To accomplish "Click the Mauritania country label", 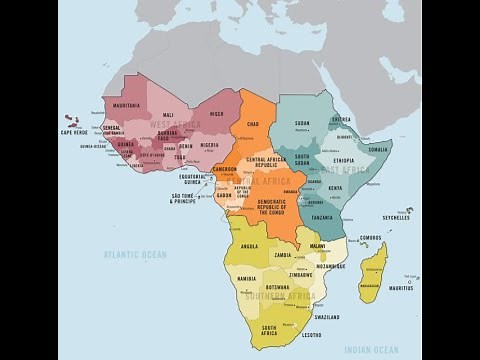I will pos(127,105).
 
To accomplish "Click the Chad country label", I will pos(253,125).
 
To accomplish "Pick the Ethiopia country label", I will pos(344,160).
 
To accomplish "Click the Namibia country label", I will pos(247,279).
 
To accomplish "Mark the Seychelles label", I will pos(396,218).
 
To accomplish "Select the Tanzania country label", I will pos(322,217).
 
